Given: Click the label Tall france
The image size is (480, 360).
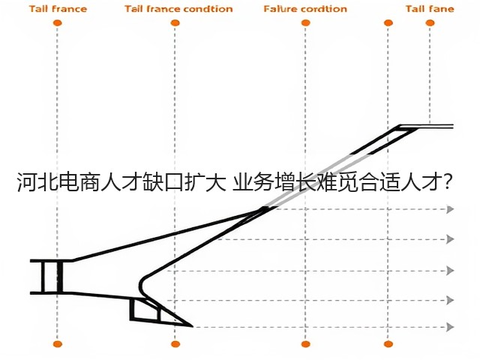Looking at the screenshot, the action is click(58, 9).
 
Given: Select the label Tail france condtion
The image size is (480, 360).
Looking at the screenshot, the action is click(178, 9).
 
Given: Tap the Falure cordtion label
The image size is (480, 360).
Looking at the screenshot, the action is click(305, 9).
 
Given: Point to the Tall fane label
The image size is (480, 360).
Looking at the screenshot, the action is click(430, 9).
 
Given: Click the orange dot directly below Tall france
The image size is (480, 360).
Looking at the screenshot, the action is click(57, 23).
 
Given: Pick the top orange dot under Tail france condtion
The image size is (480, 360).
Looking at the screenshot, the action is click(175, 23).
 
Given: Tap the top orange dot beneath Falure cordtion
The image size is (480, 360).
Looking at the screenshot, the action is click(305, 23).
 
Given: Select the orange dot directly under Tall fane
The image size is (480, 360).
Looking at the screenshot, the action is click(430, 23).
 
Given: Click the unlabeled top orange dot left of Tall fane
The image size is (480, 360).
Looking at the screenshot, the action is click(388, 23).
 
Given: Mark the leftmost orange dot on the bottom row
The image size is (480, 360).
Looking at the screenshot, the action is click(58, 344).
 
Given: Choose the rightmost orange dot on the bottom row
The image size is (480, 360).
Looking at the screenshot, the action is click(388, 344).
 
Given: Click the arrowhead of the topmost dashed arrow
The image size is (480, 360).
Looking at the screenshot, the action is click(450, 209).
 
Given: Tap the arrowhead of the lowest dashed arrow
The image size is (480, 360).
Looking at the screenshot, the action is click(450, 327).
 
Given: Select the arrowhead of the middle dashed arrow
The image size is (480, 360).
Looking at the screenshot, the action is click(450, 271).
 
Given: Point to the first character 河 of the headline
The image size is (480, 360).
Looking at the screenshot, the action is click(27, 182).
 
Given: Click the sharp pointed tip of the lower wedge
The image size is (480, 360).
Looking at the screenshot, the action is click(192, 326).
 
